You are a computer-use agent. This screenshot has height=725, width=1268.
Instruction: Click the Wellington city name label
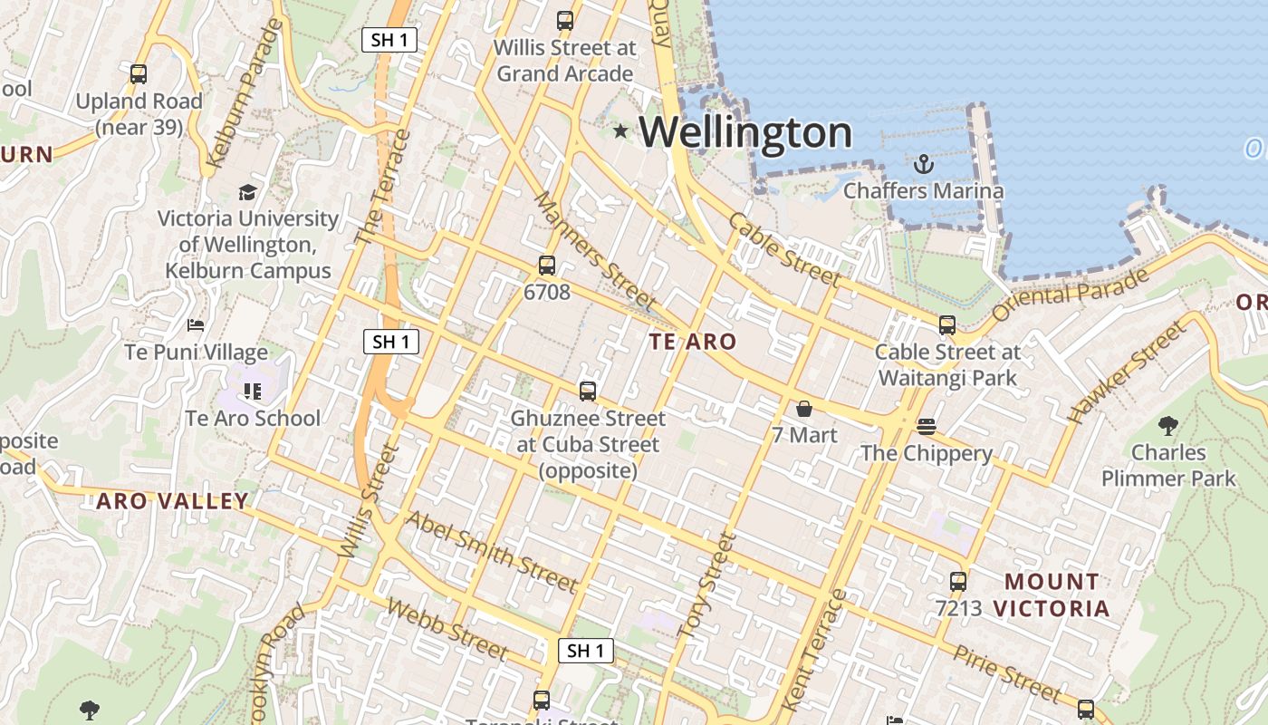click(745, 132)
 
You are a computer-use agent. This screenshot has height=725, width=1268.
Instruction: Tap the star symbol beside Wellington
click(620, 131)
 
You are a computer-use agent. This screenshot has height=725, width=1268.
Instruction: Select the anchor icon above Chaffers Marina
click(923, 164)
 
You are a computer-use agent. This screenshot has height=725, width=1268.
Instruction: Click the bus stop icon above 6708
click(547, 266)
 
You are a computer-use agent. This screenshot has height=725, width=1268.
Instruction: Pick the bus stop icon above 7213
click(958, 582)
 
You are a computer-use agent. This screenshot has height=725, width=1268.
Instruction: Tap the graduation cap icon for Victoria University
click(247, 192)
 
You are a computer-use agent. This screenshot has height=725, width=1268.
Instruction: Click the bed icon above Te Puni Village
click(196, 324)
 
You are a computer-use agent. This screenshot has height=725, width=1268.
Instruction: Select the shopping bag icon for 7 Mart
click(803, 409)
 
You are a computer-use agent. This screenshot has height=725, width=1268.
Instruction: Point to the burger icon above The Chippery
click(926, 426)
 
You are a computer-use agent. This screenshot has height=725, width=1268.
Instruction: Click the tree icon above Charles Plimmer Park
click(1168, 424)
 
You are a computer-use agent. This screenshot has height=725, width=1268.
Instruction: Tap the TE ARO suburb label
click(693, 342)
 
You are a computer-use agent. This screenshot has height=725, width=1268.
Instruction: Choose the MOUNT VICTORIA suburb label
click(1052, 594)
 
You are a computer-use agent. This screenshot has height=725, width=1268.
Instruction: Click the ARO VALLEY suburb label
click(172, 501)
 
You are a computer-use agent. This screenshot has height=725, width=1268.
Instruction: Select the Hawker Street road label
click(1126, 372)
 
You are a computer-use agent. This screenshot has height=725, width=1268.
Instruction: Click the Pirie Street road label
click(1005, 673)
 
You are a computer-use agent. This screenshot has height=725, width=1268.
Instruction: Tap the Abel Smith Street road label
click(491, 550)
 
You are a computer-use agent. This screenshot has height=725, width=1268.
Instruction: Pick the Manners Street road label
click(593, 249)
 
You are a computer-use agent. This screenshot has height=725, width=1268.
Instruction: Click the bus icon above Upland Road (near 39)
click(139, 74)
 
